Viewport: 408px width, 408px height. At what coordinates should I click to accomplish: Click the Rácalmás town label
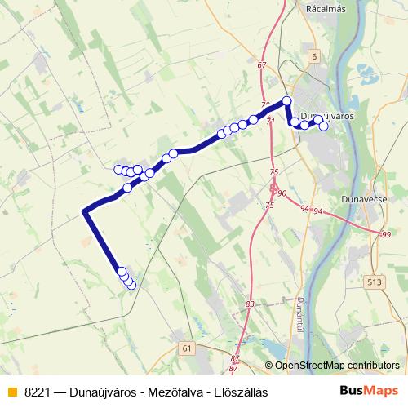click(326, 9)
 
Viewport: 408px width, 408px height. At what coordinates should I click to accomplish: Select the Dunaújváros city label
click(326, 116)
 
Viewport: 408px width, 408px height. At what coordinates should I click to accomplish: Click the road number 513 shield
click(375, 282)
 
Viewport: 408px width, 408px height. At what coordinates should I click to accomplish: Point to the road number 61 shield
click(188, 348)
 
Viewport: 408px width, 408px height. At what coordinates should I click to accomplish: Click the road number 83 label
click(249, 304)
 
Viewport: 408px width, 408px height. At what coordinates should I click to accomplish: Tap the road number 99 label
click(386, 235)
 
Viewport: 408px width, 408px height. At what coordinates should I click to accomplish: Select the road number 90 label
click(282, 193)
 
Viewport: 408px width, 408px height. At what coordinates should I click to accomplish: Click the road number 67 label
click(261, 65)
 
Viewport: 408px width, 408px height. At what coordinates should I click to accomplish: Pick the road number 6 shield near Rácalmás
click(314, 56)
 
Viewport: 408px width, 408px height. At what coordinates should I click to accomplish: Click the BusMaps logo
click(369, 390)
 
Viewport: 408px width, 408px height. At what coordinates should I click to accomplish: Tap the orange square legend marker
click(11, 391)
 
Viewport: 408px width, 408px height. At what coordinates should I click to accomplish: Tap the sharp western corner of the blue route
click(84, 212)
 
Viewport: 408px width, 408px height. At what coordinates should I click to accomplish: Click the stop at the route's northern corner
click(286, 101)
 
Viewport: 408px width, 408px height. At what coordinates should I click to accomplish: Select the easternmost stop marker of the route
click(324, 126)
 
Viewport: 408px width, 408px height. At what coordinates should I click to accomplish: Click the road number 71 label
click(271, 122)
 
